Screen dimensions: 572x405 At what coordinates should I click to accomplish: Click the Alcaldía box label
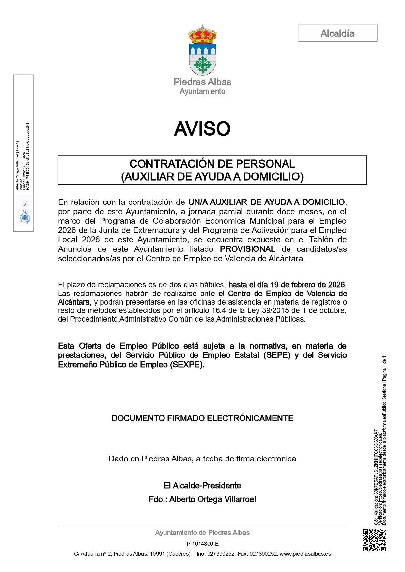337,33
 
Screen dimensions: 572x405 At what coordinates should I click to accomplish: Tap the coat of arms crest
202,51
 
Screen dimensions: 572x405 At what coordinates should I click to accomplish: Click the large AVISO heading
202,129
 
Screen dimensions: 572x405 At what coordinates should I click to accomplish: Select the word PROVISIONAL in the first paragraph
247,249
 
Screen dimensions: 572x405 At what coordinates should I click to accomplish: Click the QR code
374,540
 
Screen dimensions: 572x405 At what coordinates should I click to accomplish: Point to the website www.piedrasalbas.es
305,554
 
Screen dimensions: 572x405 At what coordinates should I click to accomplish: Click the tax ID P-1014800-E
202,544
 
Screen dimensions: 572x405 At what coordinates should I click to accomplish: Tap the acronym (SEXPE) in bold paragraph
187,365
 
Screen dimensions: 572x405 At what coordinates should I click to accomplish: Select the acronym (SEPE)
277,355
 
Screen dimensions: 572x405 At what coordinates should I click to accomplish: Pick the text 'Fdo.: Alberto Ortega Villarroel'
202,499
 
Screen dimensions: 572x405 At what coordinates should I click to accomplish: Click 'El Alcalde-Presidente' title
202,486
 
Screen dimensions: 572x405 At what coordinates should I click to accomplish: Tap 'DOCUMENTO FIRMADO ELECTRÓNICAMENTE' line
202,418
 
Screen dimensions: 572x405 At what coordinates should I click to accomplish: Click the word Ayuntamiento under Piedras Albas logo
202,92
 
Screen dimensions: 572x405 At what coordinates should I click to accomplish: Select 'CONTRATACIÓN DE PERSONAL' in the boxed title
212,164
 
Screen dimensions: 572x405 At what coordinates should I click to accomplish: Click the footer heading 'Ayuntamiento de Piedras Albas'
202,533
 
